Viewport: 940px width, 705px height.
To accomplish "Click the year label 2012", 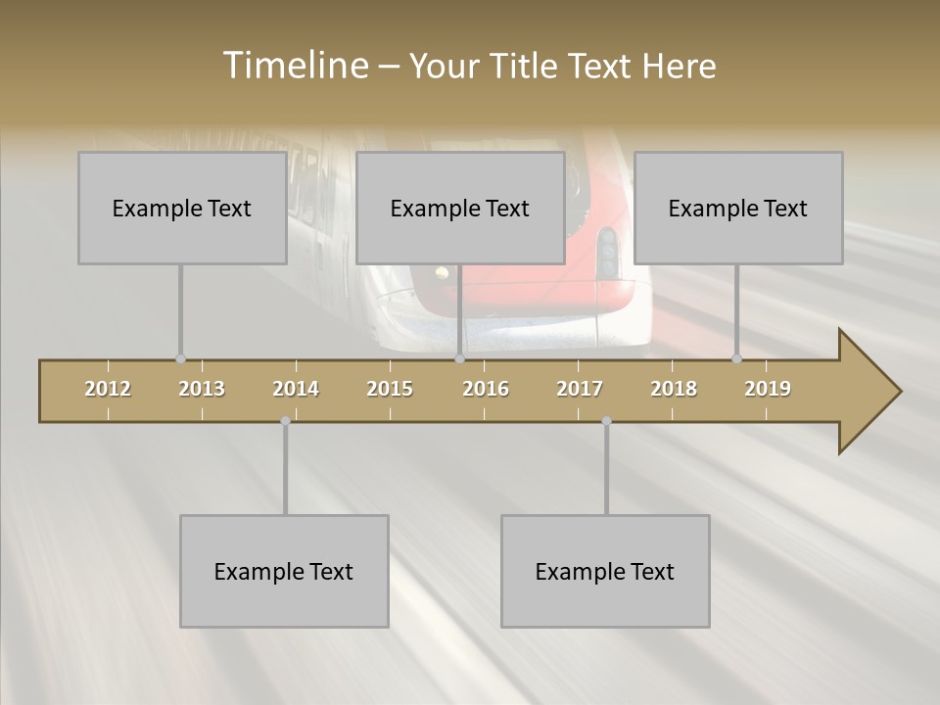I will (108, 389).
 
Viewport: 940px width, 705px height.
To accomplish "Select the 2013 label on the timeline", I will (202, 389).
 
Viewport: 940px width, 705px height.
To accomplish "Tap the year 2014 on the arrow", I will (296, 389).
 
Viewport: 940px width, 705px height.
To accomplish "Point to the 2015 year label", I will (390, 389).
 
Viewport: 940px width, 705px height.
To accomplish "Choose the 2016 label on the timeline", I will (486, 389).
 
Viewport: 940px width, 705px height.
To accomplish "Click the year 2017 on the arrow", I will (580, 389).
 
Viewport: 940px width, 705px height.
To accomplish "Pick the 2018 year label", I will (674, 389).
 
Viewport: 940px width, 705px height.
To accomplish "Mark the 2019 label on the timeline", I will (768, 389).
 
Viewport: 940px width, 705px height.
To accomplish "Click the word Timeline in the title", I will (293, 66).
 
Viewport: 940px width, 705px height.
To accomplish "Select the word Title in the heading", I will (528, 66).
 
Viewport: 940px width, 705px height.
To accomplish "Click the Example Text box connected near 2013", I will (182, 208).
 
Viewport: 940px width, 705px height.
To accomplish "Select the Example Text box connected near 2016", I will (460, 208).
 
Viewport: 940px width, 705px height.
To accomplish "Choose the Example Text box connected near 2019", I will (738, 208).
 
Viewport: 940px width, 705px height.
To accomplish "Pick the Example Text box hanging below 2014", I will (284, 571).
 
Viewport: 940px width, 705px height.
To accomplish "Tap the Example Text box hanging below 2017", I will (605, 571).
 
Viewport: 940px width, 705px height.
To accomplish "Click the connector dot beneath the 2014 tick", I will (285, 421).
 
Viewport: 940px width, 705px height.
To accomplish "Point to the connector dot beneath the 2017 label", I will (606, 421).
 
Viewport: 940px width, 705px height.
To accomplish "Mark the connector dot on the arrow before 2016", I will (459, 359).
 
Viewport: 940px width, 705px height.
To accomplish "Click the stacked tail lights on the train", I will (608, 253).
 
